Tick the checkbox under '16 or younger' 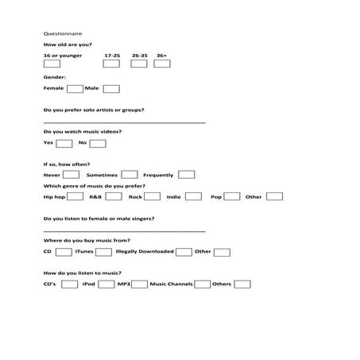pyautogui.click(x=53, y=64)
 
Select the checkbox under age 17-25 pyautogui.click(x=112, y=64)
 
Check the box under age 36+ pyautogui.click(x=163, y=64)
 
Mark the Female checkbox pyautogui.click(x=75, y=88)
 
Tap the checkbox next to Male pyautogui.click(x=111, y=88)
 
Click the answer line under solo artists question pyautogui.click(x=123, y=122)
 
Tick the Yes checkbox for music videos pyautogui.click(x=64, y=143)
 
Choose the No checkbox pyautogui.click(x=98, y=143)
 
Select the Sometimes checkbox pyautogui.click(x=129, y=174)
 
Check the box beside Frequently pyautogui.click(x=186, y=174)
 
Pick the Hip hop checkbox pyautogui.click(x=75, y=196)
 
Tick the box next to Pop pyautogui.click(x=233, y=196)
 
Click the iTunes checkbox pyautogui.click(x=103, y=252)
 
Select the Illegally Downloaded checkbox pyautogui.click(x=184, y=252)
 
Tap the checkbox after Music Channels pyautogui.click(x=203, y=284)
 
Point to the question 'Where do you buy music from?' pyautogui.click(x=87, y=239)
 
